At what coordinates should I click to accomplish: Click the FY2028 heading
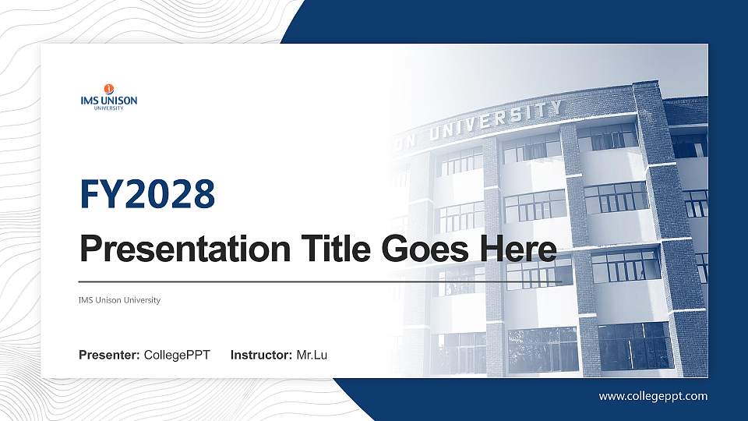click(147, 194)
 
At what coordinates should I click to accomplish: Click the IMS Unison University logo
click(108, 97)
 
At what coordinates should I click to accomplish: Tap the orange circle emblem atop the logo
click(108, 88)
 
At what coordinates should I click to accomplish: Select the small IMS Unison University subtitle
click(119, 300)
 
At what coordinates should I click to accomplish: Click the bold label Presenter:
click(109, 356)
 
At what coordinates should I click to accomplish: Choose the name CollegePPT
click(177, 356)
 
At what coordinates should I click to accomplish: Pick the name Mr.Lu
click(312, 356)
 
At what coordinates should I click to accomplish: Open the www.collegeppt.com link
click(653, 396)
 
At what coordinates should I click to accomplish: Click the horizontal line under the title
click(319, 281)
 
